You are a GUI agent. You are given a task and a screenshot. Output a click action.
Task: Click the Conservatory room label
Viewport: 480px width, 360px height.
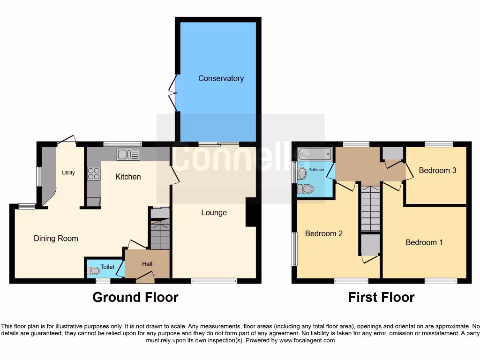(221, 78)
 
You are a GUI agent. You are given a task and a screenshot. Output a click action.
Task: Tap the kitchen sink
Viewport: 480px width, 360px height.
(128, 154)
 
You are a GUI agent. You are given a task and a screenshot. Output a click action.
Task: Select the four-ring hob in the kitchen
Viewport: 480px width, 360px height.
(94, 173)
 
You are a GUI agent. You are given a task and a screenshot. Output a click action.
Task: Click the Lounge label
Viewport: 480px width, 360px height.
(214, 212)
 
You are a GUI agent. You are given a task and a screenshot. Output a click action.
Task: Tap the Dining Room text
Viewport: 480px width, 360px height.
(56, 238)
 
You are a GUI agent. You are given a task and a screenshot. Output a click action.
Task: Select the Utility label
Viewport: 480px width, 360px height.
(68, 173)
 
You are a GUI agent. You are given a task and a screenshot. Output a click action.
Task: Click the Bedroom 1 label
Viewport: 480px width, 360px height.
(424, 242)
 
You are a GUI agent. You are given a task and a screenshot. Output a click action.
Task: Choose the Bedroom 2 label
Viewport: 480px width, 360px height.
(324, 233)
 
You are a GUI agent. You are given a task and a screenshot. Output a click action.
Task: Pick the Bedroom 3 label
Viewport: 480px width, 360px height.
(437, 170)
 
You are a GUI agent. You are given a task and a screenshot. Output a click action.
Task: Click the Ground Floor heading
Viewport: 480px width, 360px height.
(135, 297)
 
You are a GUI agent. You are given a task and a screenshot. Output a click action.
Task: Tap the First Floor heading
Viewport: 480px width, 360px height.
(381, 297)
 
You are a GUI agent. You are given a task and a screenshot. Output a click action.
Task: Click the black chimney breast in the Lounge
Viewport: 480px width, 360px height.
(251, 212)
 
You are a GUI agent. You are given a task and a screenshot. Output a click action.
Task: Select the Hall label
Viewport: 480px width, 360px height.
(147, 264)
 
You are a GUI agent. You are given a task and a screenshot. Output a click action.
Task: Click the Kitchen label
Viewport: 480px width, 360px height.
(128, 177)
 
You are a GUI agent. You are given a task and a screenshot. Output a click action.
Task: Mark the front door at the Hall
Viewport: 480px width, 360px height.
(145, 279)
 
